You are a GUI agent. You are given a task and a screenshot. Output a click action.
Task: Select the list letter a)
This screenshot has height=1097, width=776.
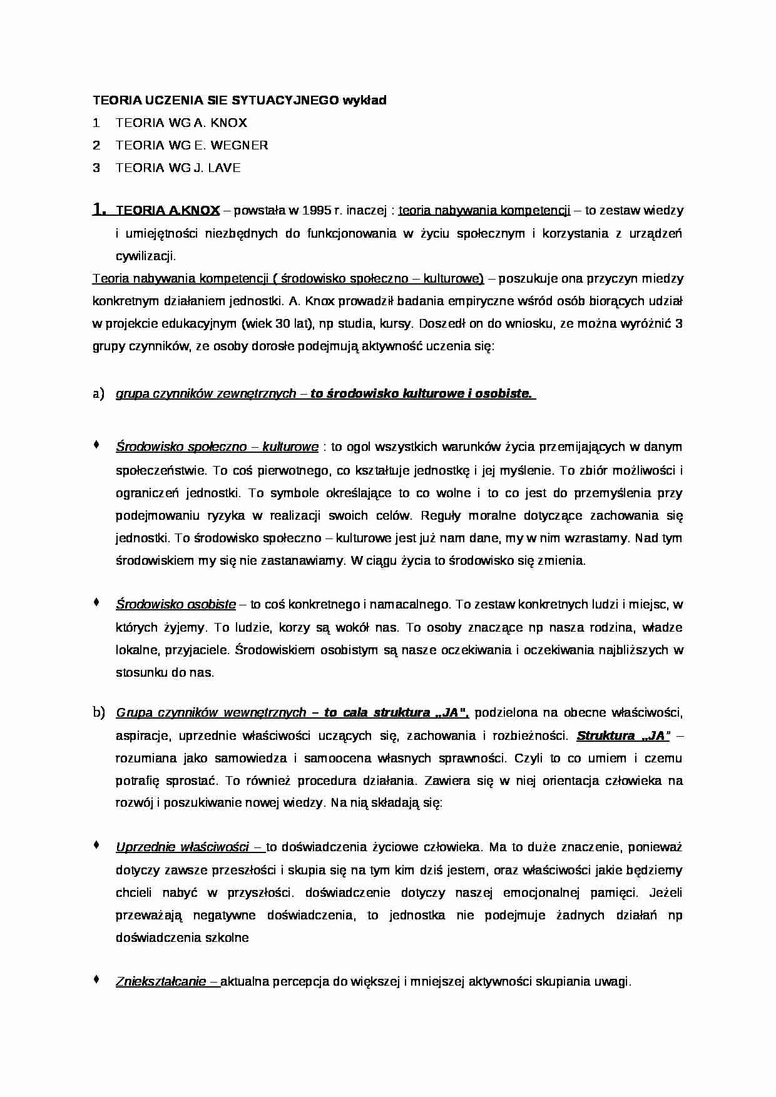(x=98, y=394)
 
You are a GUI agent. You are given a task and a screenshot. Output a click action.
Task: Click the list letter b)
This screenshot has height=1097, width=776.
(x=98, y=712)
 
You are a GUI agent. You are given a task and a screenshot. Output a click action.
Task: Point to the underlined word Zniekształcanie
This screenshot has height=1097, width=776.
(x=161, y=981)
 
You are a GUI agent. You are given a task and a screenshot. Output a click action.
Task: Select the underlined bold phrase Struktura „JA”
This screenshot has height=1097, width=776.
(x=623, y=736)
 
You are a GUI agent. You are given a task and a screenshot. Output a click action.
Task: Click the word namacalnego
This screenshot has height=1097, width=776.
(x=412, y=604)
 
